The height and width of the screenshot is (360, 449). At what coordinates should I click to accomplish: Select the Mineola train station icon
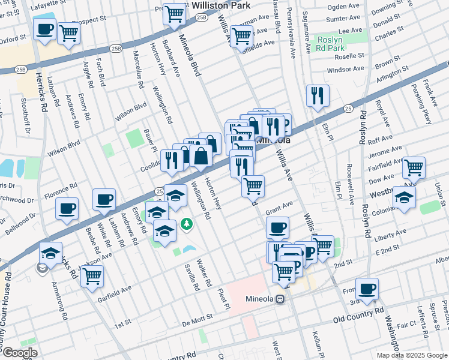[280, 299]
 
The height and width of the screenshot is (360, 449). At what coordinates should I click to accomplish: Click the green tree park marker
[187, 224]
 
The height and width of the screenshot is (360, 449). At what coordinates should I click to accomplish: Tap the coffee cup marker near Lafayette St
[45, 29]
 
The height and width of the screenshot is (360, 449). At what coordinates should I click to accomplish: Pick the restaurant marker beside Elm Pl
[318, 95]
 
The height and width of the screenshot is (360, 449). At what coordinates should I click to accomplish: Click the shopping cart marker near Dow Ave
[414, 168]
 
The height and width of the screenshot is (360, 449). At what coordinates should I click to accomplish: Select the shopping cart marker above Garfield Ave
[92, 276]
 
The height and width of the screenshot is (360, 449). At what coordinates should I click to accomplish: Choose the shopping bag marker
[202, 156]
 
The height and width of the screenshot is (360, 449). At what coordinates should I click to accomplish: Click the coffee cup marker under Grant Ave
[277, 227]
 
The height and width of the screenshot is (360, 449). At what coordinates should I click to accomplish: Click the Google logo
[19, 353]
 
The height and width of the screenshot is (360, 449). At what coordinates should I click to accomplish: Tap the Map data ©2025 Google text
[411, 355]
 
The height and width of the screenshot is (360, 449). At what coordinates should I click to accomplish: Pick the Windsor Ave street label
[345, 70]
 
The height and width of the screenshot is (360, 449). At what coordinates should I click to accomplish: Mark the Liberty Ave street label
[390, 238]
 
